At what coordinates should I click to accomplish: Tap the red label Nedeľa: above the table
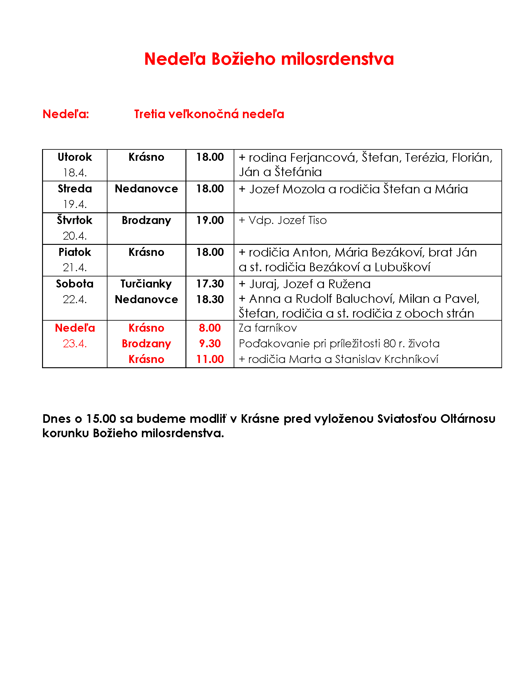[66, 114]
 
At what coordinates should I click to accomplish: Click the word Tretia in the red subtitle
[150, 114]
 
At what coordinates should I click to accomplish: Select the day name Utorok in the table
[75, 157]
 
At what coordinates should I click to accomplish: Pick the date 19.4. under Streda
[75, 204]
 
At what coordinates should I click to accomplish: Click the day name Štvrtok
[75, 220]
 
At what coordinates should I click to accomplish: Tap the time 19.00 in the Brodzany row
[210, 220]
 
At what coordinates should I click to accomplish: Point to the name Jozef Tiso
[302, 220]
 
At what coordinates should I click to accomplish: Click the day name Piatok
[75, 252]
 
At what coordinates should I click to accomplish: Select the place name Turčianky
[146, 284]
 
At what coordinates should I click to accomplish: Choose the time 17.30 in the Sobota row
[210, 284]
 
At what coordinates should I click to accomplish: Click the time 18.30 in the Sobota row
[210, 299]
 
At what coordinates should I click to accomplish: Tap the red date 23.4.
[75, 343]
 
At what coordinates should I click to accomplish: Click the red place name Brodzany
[146, 343]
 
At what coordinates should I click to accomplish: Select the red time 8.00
[210, 328]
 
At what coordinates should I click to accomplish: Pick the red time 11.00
[210, 359]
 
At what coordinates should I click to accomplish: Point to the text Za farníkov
[268, 328]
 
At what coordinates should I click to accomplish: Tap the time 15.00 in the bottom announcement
[101, 418]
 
